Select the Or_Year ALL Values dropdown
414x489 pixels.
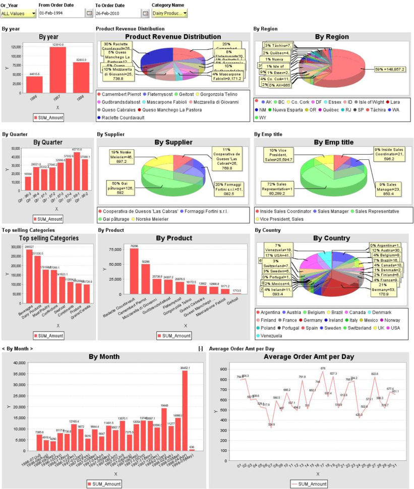pyautogui.click(x=18, y=14)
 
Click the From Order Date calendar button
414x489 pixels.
pyautogui.click(x=89, y=14)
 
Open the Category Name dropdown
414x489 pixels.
pyautogui.click(x=170, y=14)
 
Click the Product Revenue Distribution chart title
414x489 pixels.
pyautogui.click(x=172, y=36)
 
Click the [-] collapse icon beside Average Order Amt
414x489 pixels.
pyautogui.click(x=201, y=348)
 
